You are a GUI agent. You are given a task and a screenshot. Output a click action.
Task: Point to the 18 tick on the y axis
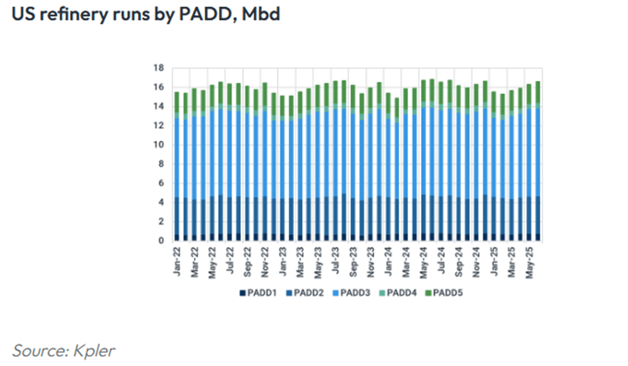(159, 68)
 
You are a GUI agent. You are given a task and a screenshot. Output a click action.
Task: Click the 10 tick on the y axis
(159, 145)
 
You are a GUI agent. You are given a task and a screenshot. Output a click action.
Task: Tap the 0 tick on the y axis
(161, 240)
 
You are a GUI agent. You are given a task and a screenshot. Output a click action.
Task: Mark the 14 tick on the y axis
(159, 106)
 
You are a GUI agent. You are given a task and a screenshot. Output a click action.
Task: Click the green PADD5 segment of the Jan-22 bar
(177, 102)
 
